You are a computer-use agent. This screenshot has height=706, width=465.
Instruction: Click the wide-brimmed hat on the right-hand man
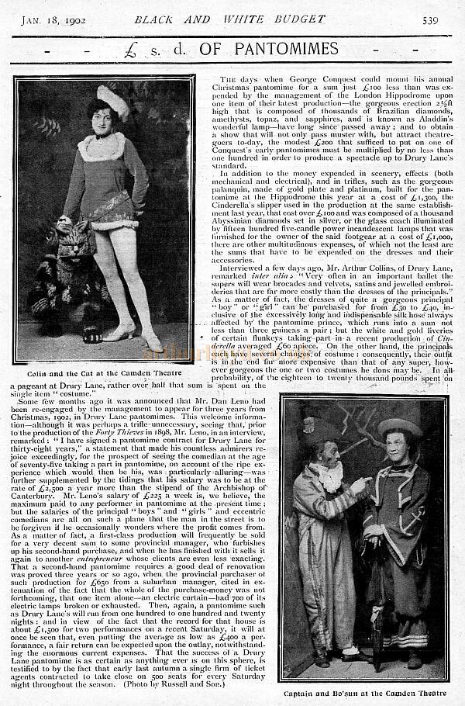(398, 427)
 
